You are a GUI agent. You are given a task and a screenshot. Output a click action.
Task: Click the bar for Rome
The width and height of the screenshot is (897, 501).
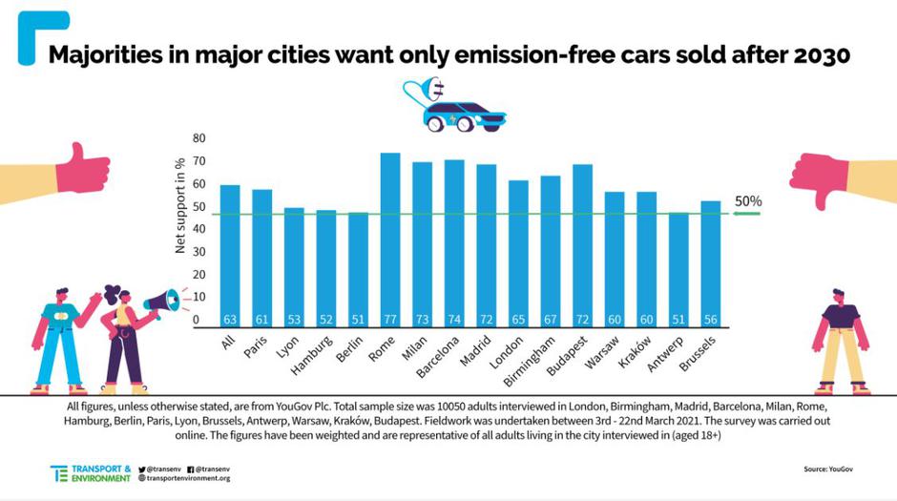(x=389, y=239)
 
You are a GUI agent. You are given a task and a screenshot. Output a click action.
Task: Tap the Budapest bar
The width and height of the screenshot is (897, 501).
(x=582, y=244)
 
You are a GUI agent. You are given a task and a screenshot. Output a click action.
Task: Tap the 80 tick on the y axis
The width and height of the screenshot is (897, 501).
(x=199, y=138)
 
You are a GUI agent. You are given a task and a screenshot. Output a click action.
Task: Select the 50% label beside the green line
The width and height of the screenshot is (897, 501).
(x=748, y=202)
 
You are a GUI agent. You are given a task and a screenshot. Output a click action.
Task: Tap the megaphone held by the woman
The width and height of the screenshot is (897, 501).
(x=161, y=303)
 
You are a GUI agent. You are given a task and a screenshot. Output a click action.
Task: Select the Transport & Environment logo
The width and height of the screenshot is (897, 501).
(x=91, y=473)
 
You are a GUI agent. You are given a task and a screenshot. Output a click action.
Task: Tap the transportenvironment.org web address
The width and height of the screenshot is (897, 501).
(x=188, y=478)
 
